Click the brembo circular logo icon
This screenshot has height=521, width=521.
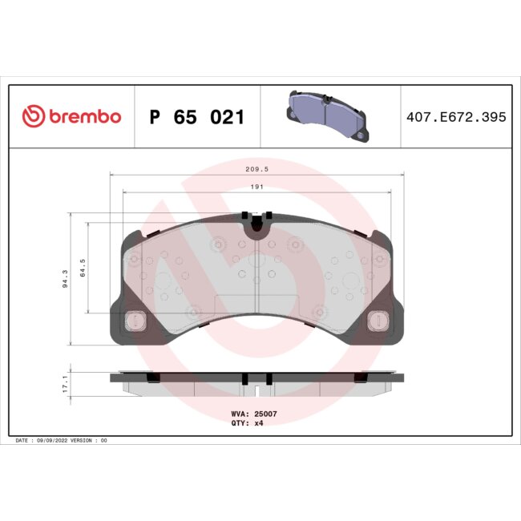33,117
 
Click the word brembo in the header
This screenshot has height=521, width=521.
84,117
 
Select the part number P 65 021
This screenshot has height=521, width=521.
196,117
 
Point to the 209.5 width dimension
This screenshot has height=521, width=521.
256,170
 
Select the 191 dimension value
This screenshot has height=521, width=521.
256,187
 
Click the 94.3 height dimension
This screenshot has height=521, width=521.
64,279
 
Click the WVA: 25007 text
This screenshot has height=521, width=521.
254,414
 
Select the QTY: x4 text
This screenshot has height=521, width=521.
248,422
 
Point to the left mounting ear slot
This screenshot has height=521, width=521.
135,321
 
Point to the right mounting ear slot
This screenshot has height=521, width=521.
377,321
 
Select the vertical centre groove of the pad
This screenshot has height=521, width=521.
255,293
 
